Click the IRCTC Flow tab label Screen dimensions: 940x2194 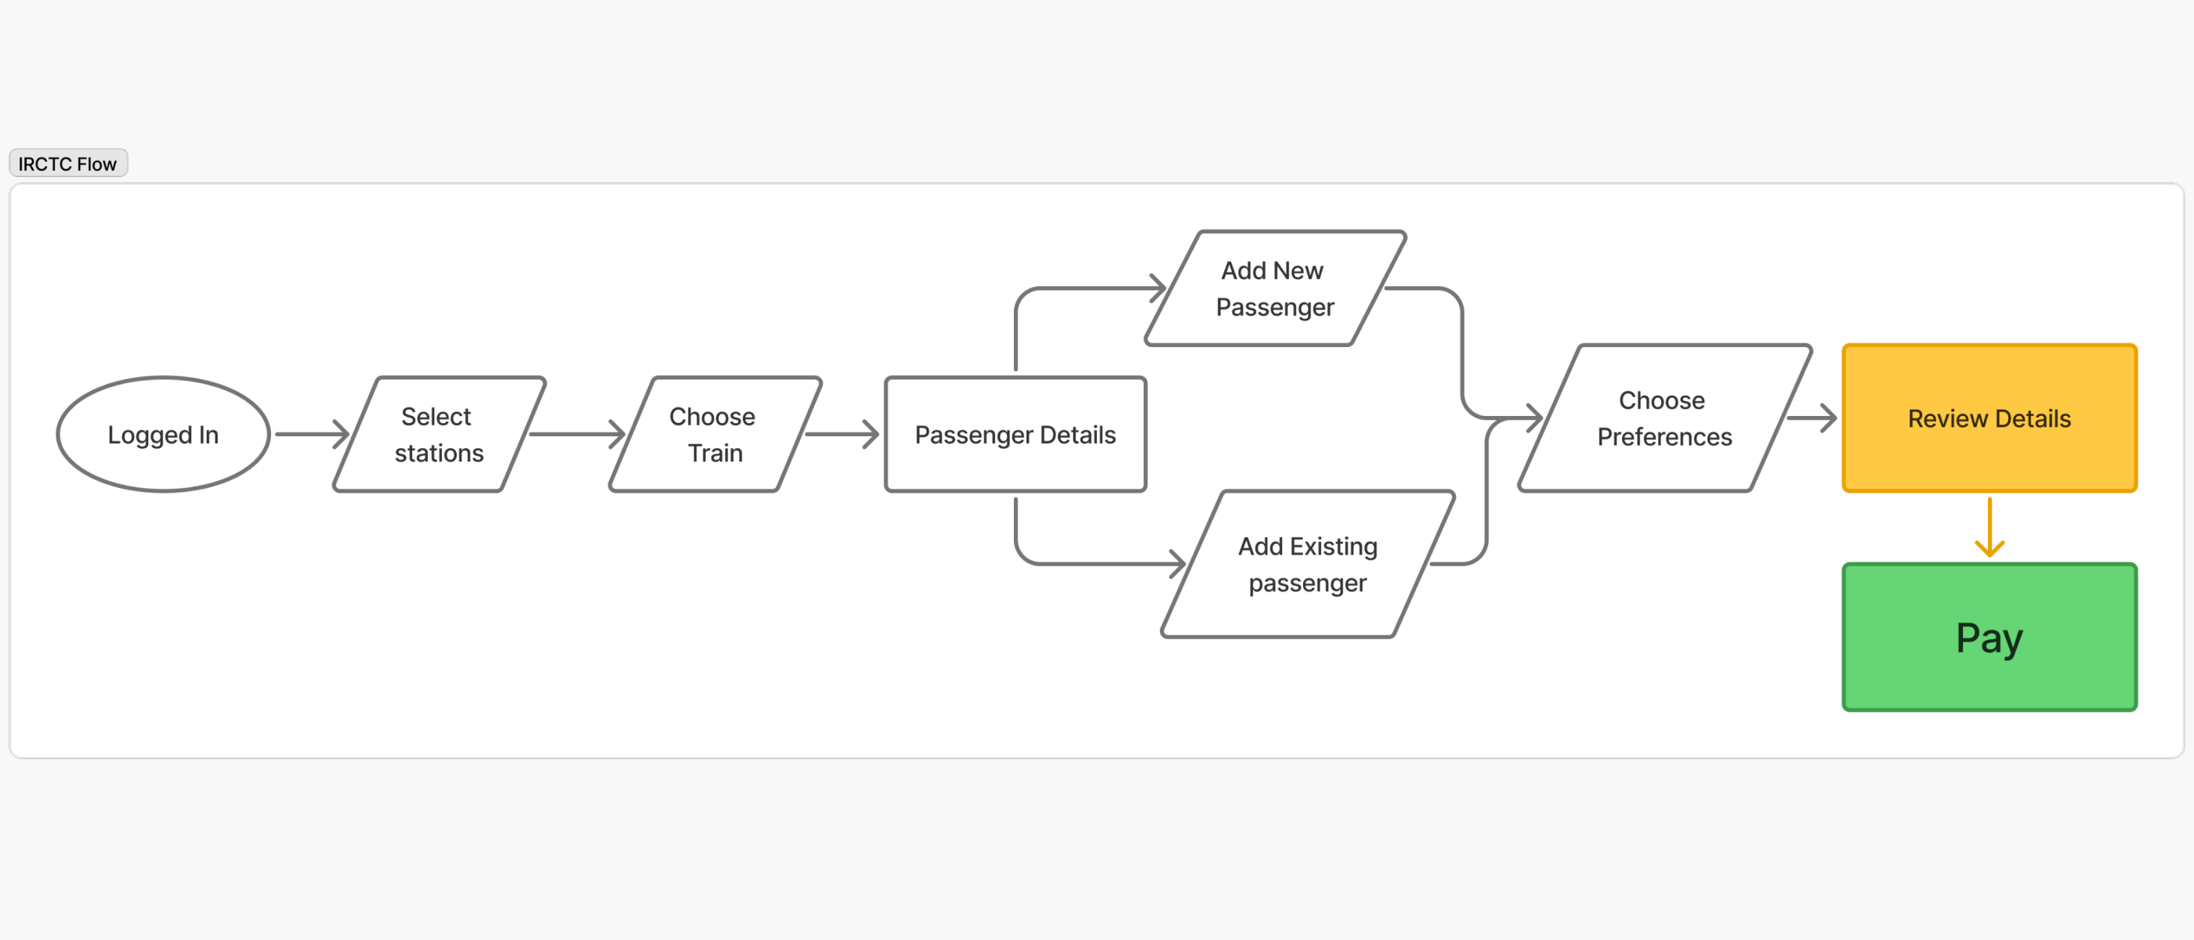click(67, 164)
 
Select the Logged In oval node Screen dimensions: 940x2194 click(163, 434)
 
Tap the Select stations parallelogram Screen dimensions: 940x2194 click(439, 434)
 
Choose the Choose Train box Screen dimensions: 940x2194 click(715, 434)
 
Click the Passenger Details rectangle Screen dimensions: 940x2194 click(1016, 434)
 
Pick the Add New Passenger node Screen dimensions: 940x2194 click(1274, 288)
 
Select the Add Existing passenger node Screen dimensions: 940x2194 click(1307, 564)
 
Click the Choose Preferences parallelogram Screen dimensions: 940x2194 click(1664, 418)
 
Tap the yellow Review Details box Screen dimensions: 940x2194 click(1989, 418)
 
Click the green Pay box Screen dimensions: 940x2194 click(1989, 637)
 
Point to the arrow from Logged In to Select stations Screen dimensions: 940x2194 click(311, 434)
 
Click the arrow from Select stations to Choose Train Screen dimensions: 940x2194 click(577, 434)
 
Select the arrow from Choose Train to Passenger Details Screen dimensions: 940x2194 click(841, 434)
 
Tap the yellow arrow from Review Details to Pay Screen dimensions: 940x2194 click(1989, 528)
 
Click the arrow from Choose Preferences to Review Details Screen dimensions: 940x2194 click(1811, 418)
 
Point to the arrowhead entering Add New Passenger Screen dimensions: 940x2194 click(1158, 288)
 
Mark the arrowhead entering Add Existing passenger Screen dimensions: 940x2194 click(1178, 564)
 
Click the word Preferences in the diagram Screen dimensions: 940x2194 click(1664, 437)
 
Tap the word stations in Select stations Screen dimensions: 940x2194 click(439, 453)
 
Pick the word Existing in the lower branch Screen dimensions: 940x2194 click(1333, 546)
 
